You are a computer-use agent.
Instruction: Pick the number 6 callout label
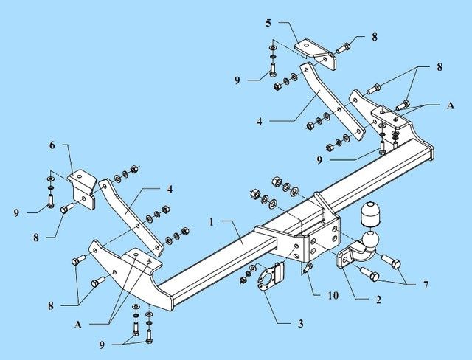click(x=52, y=146)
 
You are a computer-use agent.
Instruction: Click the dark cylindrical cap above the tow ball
click(x=370, y=215)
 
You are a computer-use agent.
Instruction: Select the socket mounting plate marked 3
click(x=266, y=280)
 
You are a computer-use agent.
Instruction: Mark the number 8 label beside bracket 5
click(x=374, y=36)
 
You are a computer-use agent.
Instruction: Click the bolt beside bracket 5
click(x=345, y=49)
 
